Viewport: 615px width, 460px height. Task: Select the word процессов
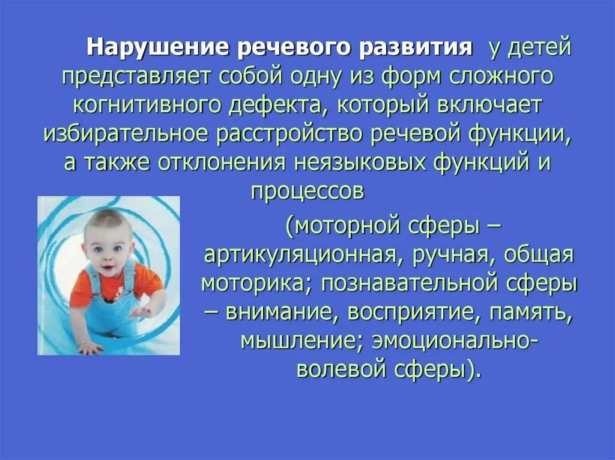point(307,191)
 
